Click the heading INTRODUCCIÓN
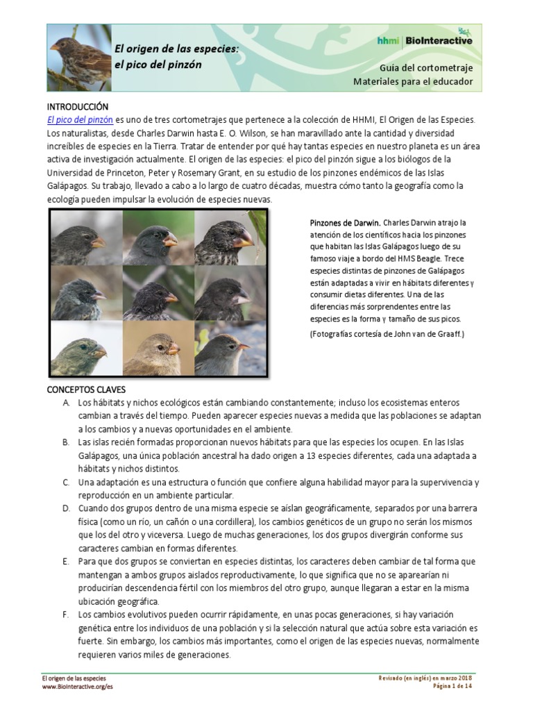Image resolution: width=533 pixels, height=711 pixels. (78, 107)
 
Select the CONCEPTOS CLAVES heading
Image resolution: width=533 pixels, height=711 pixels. (86, 390)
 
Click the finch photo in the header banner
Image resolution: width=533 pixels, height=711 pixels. (79, 58)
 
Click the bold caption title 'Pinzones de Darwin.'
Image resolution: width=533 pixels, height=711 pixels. (345, 223)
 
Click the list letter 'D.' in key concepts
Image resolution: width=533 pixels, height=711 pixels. (66, 508)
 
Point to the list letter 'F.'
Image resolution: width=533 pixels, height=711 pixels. (65, 614)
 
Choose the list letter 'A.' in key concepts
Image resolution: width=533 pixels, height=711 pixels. (66, 403)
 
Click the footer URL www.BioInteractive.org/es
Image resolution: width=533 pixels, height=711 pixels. (77, 686)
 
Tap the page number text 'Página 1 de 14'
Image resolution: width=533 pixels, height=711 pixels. (452, 686)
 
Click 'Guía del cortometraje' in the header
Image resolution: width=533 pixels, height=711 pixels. (426, 68)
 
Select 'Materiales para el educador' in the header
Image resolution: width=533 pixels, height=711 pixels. (413, 82)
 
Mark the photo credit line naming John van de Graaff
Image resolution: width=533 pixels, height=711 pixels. (387, 334)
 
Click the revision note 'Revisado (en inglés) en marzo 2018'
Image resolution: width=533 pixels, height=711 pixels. (425, 678)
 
